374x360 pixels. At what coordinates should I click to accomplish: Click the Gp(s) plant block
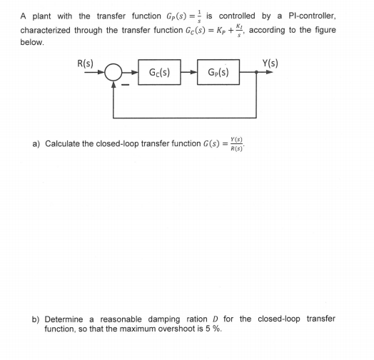(219, 72)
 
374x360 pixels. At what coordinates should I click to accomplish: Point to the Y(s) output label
(270, 61)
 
